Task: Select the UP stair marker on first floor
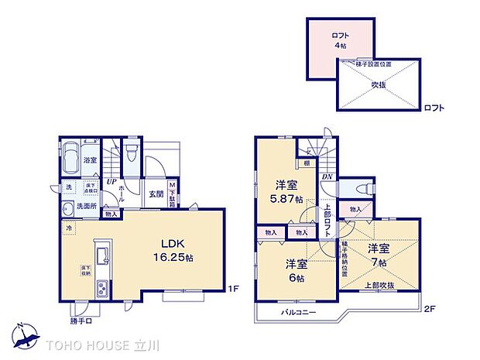(x=112, y=181)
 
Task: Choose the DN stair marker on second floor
(x=327, y=176)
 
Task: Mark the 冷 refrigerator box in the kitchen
(x=70, y=228)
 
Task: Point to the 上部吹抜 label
(x=379, y=285)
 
